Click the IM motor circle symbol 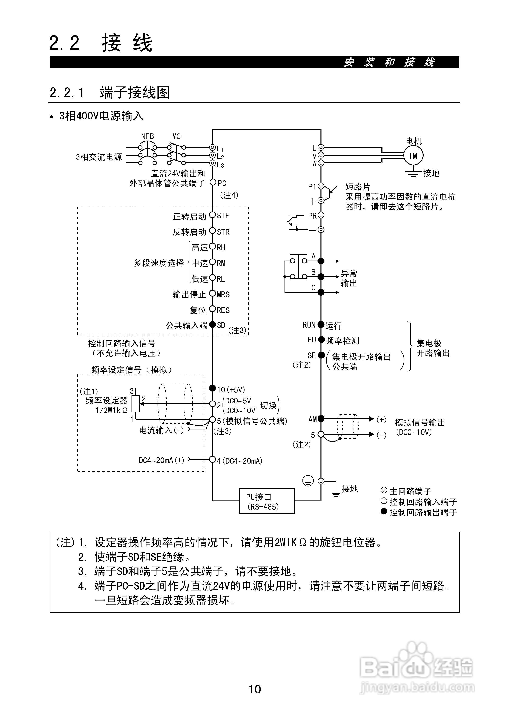click(413, 156)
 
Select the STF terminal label click(223, 216)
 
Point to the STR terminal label click(223, 232)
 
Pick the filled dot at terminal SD click(212, 325)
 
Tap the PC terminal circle click(213, 182)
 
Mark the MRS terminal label click(223, 294)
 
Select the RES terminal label click(223, 310)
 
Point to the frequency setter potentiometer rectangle click(136, 404)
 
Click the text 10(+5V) click(231, 389)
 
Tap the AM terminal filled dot click(321, 419)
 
